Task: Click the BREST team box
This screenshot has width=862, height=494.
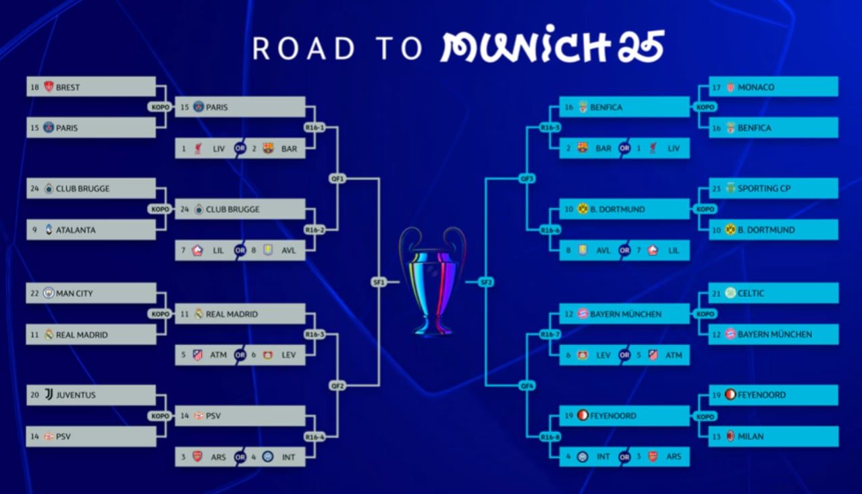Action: pos(90,87)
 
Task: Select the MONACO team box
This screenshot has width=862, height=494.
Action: pos(773,87)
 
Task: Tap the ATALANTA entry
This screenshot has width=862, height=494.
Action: pos(90,230)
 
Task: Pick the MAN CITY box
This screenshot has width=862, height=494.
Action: pos(90,294)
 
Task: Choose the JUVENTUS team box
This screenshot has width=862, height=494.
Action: pos(90,395)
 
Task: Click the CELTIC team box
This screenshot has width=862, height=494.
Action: pos(773,294)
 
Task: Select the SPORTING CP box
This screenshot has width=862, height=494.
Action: pos(773,189)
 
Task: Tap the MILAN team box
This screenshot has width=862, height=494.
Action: pos(773,437)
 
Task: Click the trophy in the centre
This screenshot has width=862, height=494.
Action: pos(432,281)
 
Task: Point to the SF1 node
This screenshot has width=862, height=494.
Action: pos(379,282)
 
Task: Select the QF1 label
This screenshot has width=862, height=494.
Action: pos(338,179)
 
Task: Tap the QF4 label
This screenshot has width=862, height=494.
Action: pos(527,386)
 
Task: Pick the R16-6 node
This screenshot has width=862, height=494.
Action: pos(550,230)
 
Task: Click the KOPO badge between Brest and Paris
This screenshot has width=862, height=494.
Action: pos(161,107)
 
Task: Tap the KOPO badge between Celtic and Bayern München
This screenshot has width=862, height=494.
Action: pos(705,314)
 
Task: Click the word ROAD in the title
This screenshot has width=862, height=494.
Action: pos(304,49)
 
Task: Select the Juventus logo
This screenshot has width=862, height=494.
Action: pos(49,395)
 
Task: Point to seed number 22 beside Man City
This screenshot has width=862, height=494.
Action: pos(34,294)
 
